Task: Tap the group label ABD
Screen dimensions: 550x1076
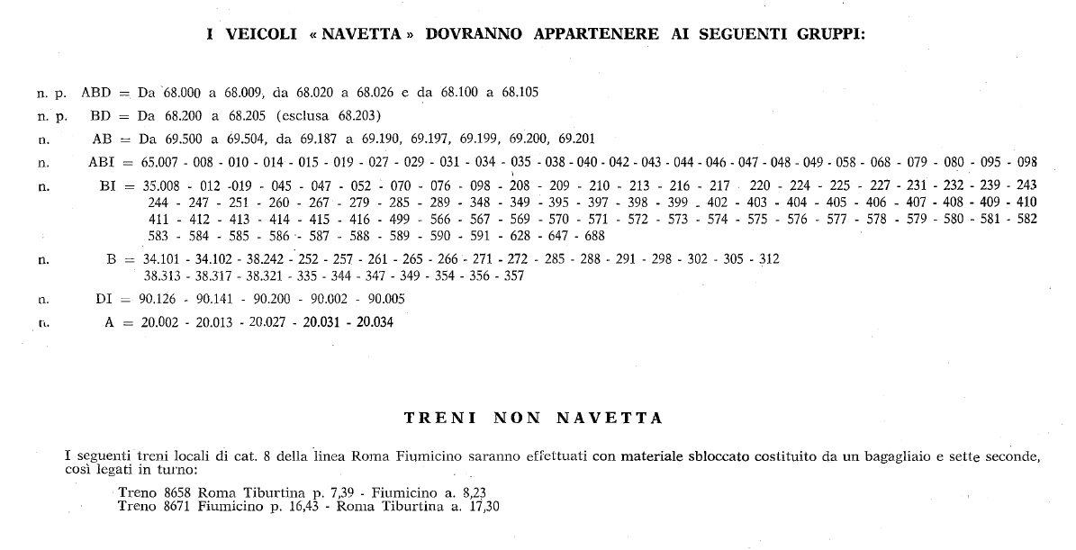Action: pos(96,92)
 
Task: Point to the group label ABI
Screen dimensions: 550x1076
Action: pos(101,163)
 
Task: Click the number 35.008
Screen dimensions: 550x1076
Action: pos(159,186)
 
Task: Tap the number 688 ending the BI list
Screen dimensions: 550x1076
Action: pos(594,236)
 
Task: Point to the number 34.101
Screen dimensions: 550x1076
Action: pos(162,259)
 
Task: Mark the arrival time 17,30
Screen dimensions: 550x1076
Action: pos(484,506)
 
